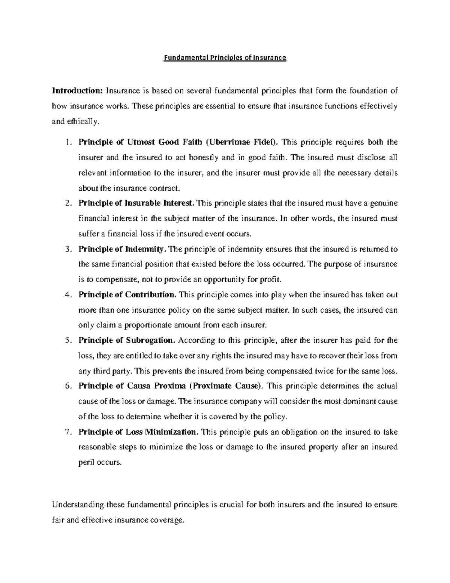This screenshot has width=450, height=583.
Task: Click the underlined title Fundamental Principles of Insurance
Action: coord(225,58)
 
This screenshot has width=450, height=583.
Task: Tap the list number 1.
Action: coord(67,142)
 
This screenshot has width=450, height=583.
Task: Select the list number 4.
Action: coord(67,295)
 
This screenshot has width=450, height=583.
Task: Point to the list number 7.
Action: coord(67,432)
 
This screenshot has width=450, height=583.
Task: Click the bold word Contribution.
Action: coord(150,295)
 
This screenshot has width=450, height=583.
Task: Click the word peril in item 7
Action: coord(86,462)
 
